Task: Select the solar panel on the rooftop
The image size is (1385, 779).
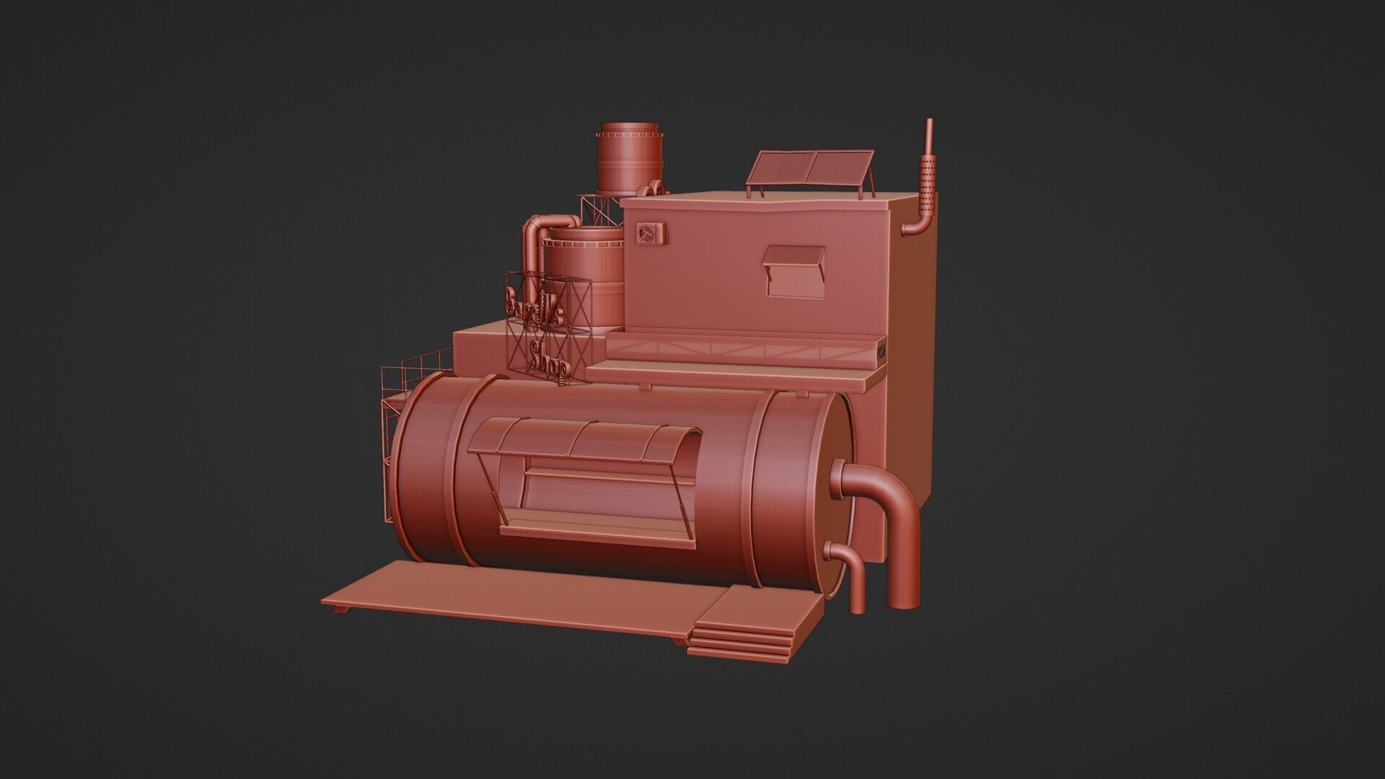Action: [809, 168]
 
